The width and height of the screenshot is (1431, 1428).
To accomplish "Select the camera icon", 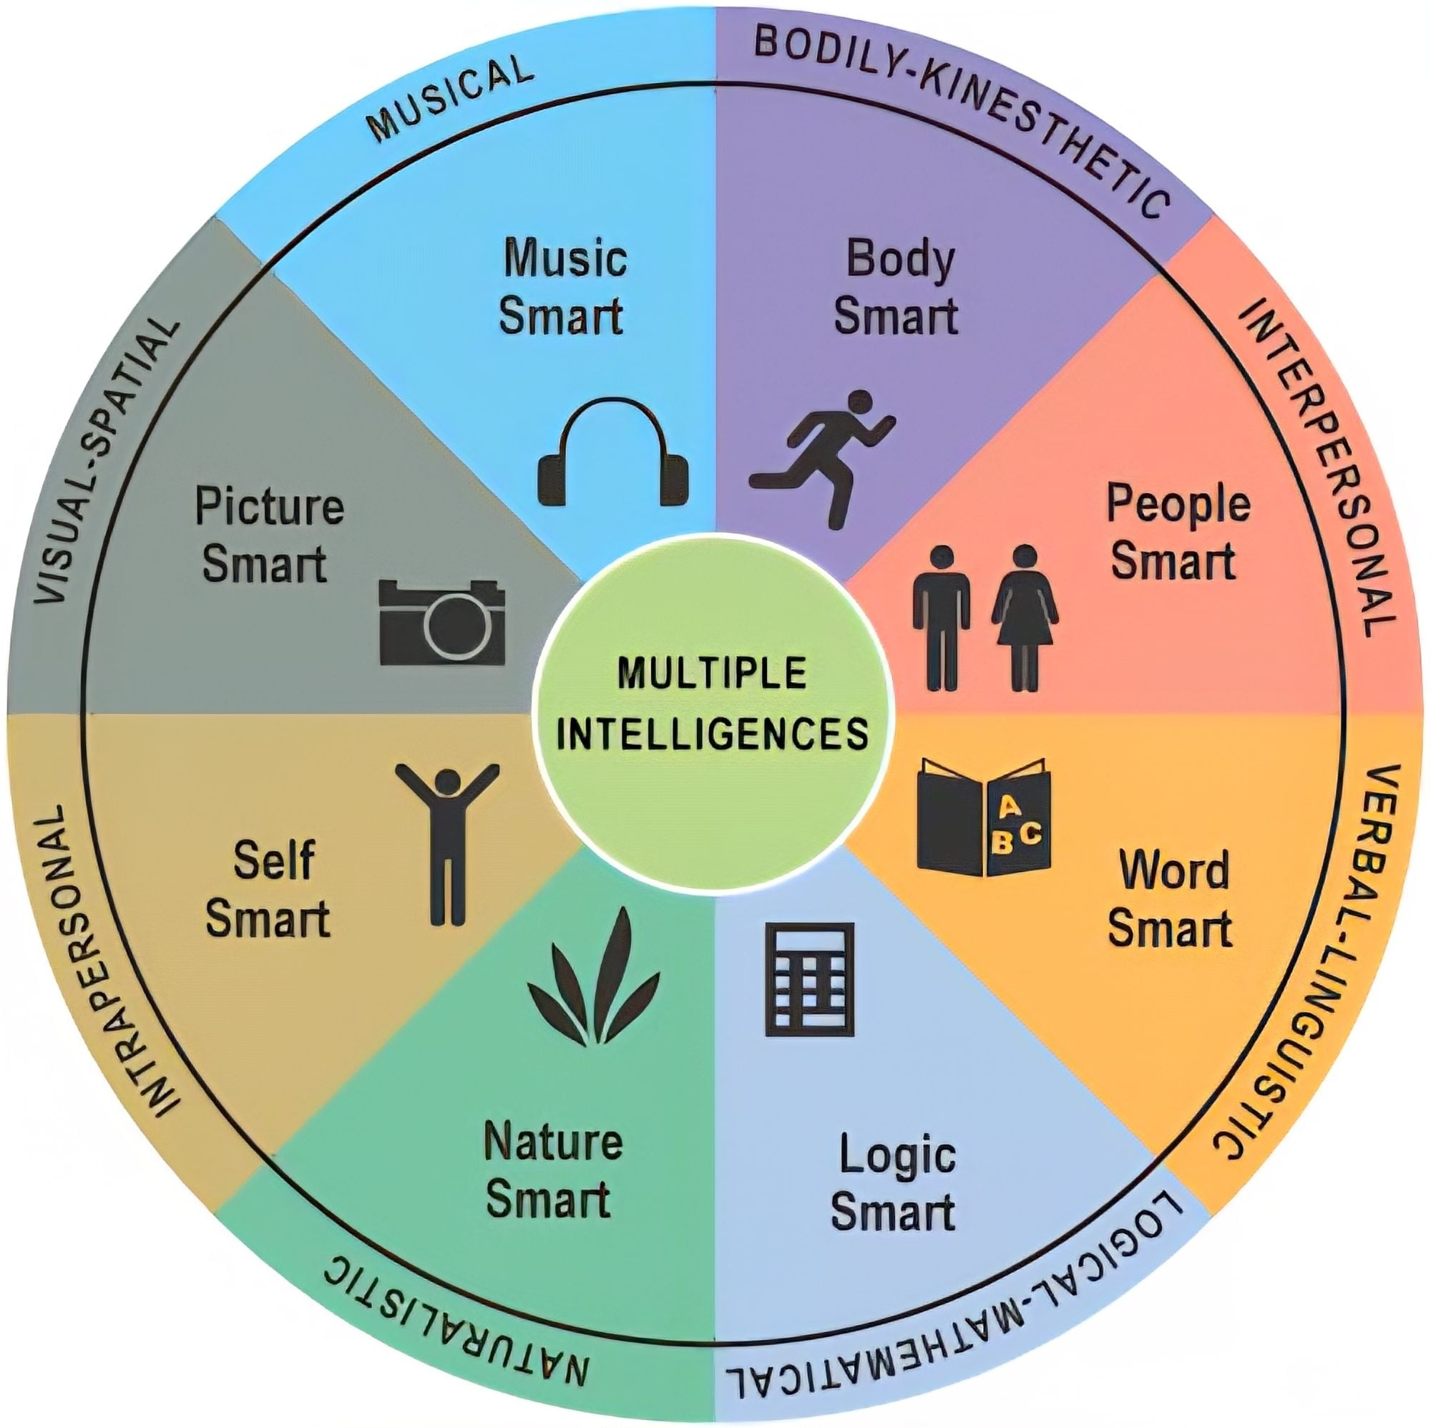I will click(x=442, y=622).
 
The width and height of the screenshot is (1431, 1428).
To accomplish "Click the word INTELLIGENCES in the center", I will click(x=713, y=733).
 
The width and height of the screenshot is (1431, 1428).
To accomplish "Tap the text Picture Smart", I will click(x=268, y=535).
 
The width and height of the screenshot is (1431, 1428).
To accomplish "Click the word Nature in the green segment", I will click(x=552, y=1142).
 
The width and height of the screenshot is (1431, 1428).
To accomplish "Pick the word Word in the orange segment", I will click(x=1174, y=870).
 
